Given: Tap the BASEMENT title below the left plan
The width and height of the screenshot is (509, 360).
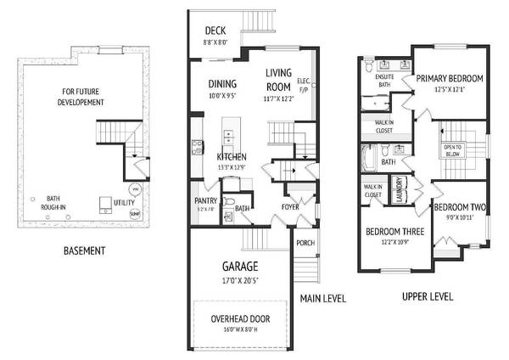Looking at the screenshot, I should click(85, 251).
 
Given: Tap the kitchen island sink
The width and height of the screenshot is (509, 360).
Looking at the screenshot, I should click(227, 136).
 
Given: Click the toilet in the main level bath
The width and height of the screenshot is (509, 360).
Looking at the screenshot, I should click(229, 202).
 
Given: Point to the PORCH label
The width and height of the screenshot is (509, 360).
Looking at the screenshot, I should click(305, 243).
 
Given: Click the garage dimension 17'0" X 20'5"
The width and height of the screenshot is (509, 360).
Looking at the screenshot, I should click(245, 281).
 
